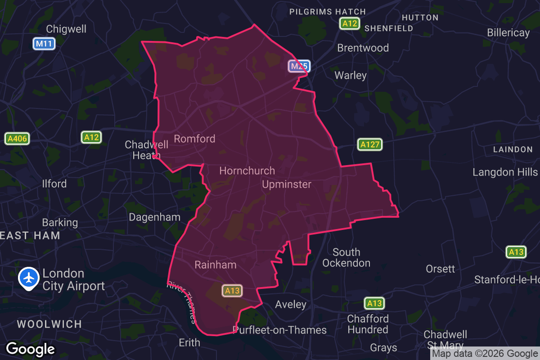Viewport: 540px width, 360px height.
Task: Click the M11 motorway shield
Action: [x=44, y=44]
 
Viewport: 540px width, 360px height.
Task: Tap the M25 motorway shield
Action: [x=299, y=67]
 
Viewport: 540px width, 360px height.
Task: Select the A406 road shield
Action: [x=18, y=139]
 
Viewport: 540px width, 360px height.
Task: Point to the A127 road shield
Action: [x=370, y=144]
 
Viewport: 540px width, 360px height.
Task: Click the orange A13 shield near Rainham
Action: [x=232, y=291]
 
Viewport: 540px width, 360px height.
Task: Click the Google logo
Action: [x=30, y=349]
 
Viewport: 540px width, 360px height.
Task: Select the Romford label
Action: [x=194, y=139]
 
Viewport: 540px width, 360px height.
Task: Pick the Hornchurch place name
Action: [x=247, y=171]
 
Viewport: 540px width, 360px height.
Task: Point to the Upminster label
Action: [x=287, y=184]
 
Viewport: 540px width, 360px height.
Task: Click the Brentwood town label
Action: [x=363, y=48]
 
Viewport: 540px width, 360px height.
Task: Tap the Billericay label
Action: [x=508, y=33]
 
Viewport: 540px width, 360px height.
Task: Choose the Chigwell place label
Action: [x=66, y=29]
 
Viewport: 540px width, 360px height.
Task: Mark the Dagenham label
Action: [x=154, y=217]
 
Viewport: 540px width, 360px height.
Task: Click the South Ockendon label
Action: [x=346, y=257]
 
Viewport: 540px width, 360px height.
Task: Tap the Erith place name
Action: [x=189, y=342]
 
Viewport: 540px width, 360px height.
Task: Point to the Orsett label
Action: [x=441, y=269]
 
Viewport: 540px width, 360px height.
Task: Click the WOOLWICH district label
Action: [x=49, y=324]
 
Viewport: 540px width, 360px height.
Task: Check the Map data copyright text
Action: [x=485, y=354]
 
